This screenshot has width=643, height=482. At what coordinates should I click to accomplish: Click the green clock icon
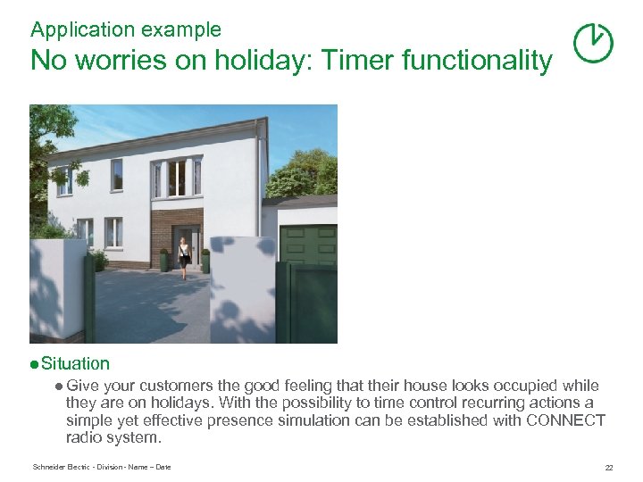pos(592,42)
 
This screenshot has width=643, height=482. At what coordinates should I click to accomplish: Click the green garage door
pos(309,243)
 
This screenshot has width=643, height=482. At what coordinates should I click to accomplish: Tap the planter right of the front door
pos(205,261)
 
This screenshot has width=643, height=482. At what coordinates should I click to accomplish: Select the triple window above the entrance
pos(176,178)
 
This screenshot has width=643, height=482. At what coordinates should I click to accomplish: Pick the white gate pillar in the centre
pos(241,289)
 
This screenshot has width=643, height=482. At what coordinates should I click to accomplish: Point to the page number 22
pos(608,468)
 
